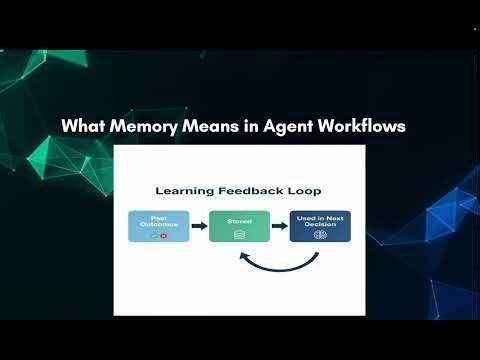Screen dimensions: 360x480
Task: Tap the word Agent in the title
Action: pos(281,127)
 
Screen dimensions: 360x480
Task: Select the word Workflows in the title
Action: pos(361,127)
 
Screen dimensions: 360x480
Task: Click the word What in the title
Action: pos(82,127)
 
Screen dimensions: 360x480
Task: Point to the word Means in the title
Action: pos(210,127)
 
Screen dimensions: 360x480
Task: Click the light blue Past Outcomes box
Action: pos(157,227)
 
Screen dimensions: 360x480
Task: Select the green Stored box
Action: pos(239,227)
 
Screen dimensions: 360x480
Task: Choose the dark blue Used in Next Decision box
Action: pos(320,227)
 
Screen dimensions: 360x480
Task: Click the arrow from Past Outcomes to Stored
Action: pos(198,227)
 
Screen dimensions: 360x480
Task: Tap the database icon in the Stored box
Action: pos(239,234)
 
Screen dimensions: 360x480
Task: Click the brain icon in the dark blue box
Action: pos(320,236)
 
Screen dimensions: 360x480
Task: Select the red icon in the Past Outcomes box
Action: pos(162,236)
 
